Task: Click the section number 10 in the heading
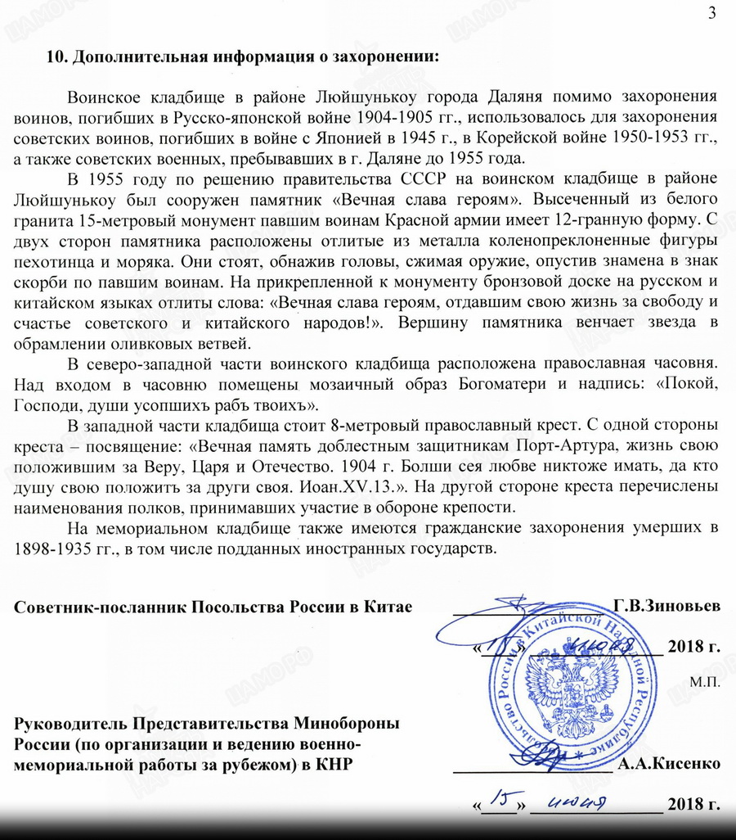(x=54, y=57)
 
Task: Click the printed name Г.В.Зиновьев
(x=666, y=607)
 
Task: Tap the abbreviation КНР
(x=339, y=765)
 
